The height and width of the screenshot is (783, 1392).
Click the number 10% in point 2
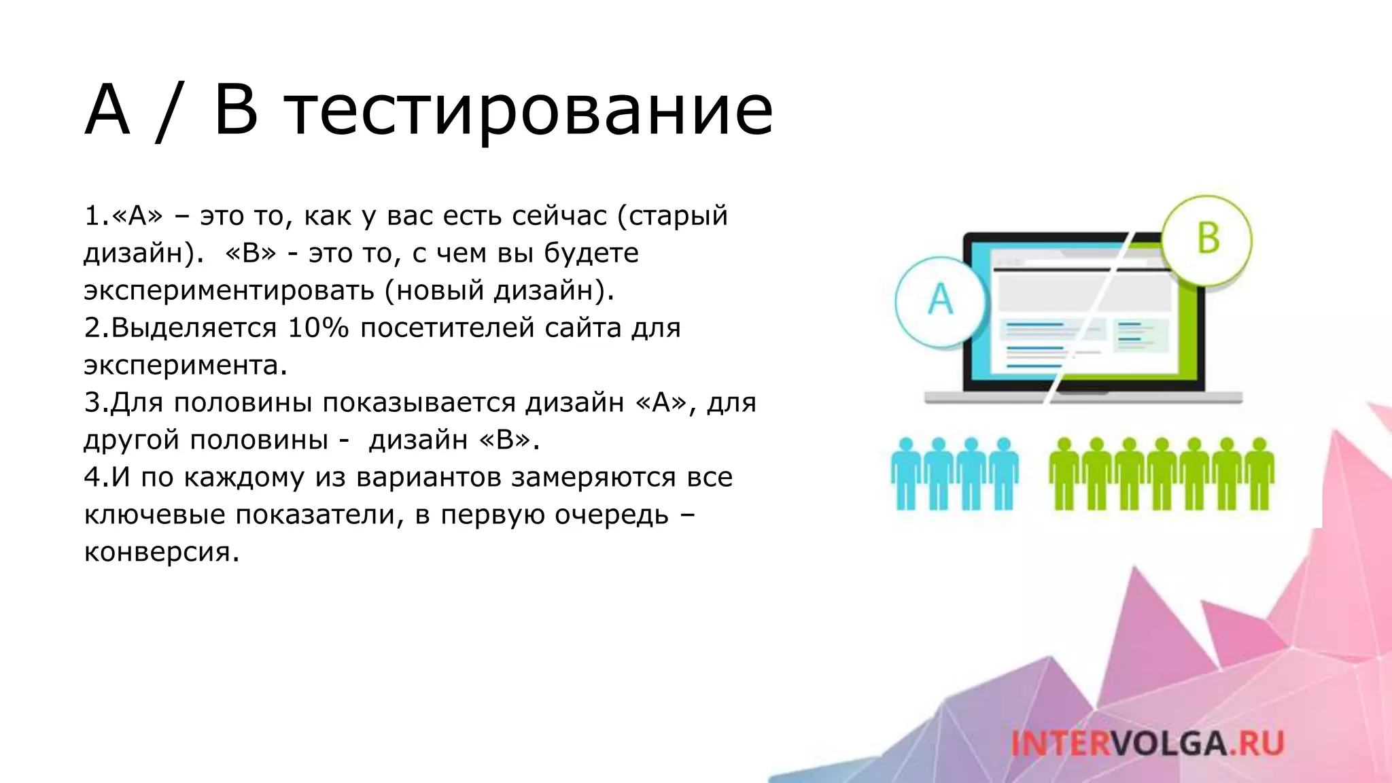click(x=318, y=328)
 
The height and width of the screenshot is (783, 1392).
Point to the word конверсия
click(x=160, y=552)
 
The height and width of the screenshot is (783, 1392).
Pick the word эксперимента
click(x=185, y=366)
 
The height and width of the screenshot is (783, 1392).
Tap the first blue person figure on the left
click(x=906, y=474)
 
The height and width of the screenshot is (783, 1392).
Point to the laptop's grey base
click(x=1083, y=398)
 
